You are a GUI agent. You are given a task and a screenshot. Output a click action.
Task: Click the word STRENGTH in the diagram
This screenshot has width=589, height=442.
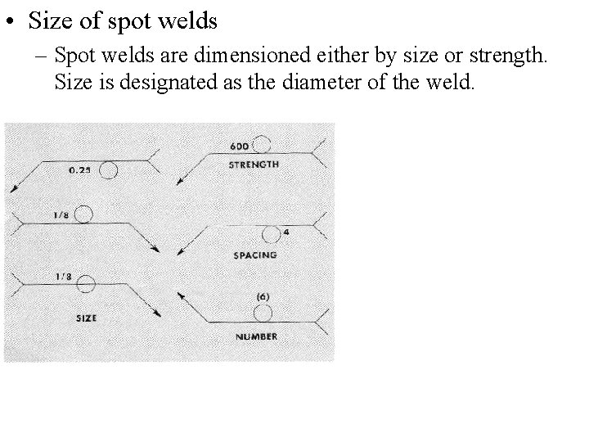tap(255, 165)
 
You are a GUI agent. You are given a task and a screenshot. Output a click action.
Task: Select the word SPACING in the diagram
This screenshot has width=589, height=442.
tap(255, 255)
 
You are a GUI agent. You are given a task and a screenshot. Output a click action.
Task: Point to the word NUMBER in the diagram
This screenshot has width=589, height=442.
tap(255, 336)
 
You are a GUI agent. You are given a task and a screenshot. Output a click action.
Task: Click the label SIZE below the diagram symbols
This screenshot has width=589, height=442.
tap(87, 318)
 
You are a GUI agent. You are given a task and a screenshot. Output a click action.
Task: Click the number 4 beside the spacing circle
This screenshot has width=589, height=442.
tap(286, 232)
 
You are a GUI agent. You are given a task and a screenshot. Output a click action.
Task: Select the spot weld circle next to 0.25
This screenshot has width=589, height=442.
tap(109, 170)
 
